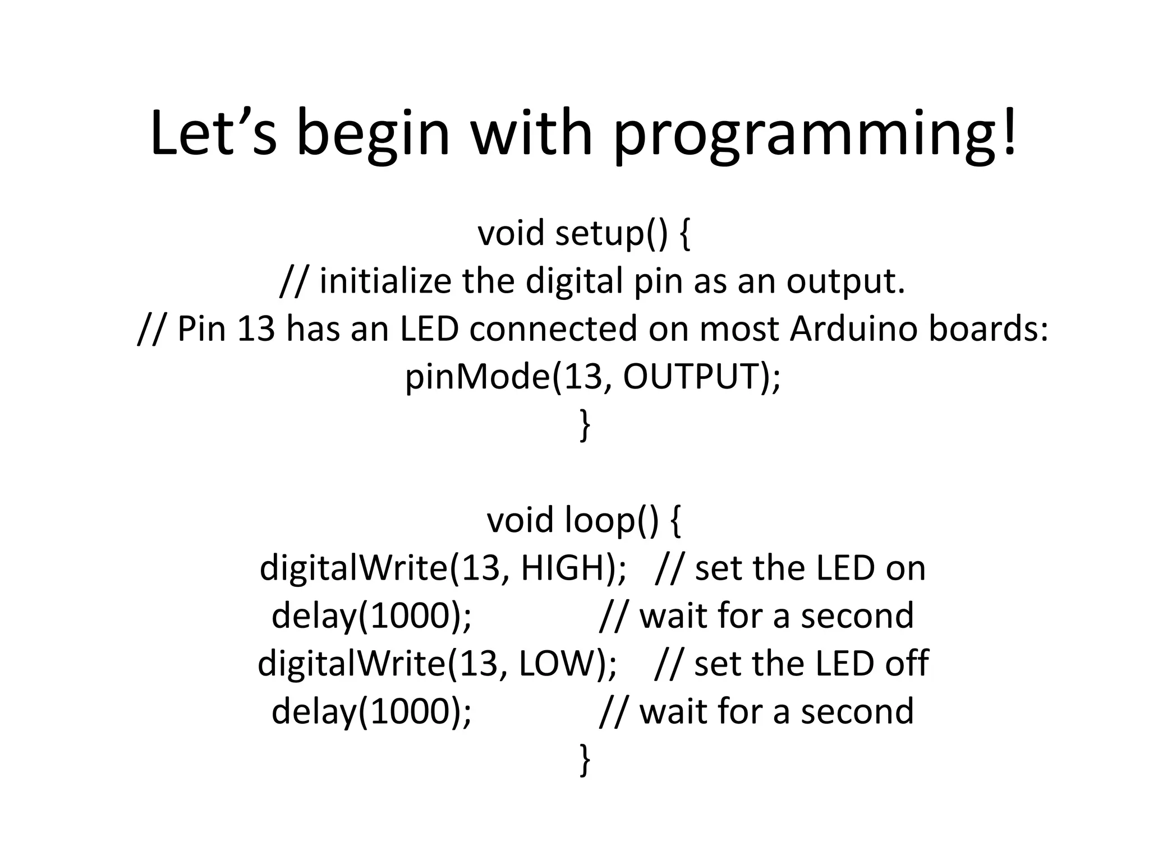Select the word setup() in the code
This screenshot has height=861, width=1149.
pyautogui.click(x=612, y=233)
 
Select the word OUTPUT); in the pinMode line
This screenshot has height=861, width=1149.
pyautogui.click(x=701, y=376)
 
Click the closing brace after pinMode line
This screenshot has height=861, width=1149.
pyautogui.click(x=585, y=425)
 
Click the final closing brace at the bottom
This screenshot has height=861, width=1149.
pyautogui.click(x=585, y=760)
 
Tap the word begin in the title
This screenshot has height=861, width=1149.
pyautogui.click(x=373, y=135)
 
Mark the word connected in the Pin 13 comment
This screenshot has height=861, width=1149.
pyautogui.click(x=553, y=328)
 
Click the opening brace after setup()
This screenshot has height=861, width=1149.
pyautogui.click(x=684, y=234)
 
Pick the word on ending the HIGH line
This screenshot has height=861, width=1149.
pyautogui.click(x=906, y=568)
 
